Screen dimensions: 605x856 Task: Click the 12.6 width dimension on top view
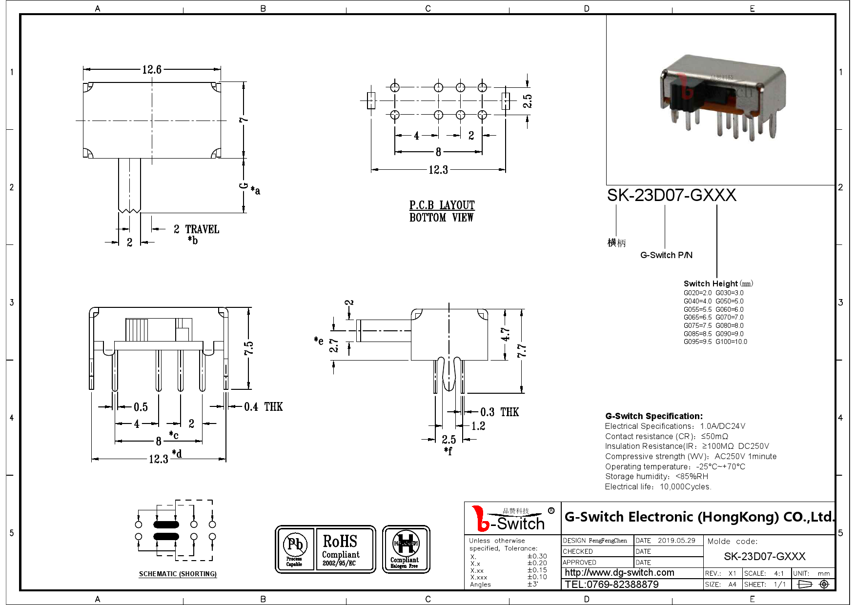click(x=152, y=70)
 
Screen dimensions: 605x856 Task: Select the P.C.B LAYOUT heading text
click(x=442, y=205)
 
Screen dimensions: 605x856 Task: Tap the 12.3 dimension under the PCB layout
click(x=438, y=170)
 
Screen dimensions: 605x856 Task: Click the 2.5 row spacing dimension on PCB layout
click(x=528, y=101)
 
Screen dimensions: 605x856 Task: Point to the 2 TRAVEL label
click(x=197, y=229)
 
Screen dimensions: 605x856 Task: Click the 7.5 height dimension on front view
click(x=249, y=348)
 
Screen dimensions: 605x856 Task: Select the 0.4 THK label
click(x=263, y=407)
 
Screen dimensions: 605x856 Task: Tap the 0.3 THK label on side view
click(x=499, y=412)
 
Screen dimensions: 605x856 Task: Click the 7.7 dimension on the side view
click(x=522, y=350)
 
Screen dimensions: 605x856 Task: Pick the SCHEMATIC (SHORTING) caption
click(x=178, y=574)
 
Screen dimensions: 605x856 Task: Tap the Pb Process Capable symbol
click(x=294, y=549)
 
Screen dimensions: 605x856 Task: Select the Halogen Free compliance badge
click(x=406, y=549)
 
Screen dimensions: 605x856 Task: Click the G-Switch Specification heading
click(x=653, y=416)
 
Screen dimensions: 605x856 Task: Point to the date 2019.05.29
click(x=676, y=541)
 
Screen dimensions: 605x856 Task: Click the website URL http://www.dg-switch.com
click(x=619, y=573)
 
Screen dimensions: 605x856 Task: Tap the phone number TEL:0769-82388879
click(x=611, y=585)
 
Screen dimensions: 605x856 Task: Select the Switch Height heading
click(x=711, y=283)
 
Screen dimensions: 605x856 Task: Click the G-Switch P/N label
click(x=666, y=255)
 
